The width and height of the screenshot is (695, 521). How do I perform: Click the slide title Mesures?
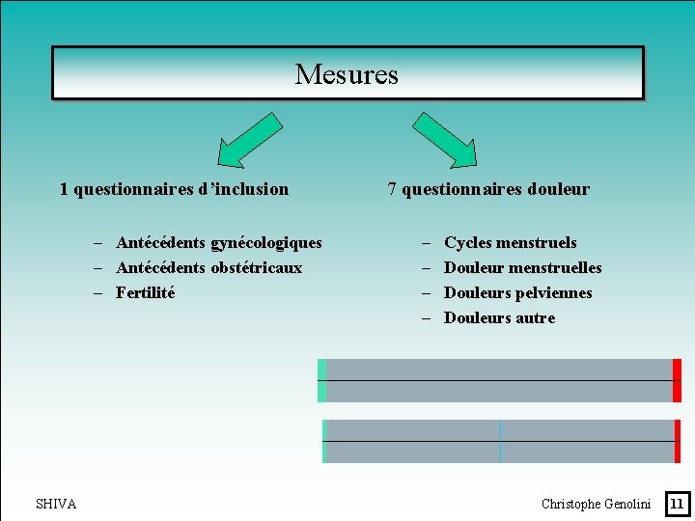[347, 74]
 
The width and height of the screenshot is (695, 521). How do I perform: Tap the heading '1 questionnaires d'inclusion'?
[174, 189]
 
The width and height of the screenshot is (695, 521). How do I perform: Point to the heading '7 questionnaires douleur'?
[488, 189]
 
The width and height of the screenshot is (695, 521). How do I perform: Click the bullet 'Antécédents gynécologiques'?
[218, 243]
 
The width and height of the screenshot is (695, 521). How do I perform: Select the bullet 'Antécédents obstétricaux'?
[208, 268]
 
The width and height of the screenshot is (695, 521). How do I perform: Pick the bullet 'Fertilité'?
[146, 293]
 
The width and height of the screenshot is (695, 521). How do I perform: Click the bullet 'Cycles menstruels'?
[510, 243]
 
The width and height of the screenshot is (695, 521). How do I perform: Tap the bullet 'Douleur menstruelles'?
[522, 268]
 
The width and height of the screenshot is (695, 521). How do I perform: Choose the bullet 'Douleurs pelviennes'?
[517, 293]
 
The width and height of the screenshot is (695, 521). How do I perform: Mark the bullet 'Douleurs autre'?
[499, 318]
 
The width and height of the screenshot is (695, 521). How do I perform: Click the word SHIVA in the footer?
[56, 504]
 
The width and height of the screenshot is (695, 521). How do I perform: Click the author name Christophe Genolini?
[596, 504]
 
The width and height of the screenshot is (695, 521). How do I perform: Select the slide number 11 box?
[677, 503]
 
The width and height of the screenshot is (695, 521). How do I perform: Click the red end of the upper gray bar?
[677, 380]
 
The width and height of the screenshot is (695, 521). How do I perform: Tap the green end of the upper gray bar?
[322, 380]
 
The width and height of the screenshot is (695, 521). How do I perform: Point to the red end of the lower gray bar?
[678, 441]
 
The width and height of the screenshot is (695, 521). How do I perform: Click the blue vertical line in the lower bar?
[500, 441]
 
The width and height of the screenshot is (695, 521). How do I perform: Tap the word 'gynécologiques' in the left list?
[265, 243]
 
